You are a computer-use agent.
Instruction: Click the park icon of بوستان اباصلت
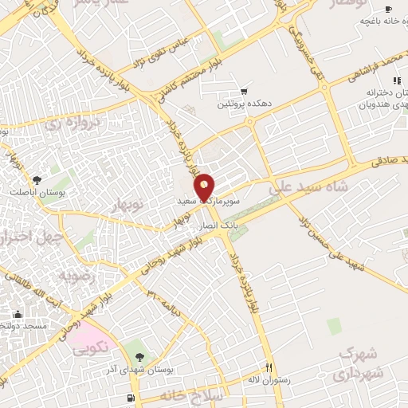(37, 179)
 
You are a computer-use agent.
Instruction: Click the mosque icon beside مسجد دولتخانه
(18, 314)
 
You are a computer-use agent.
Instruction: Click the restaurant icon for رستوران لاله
(269, 367)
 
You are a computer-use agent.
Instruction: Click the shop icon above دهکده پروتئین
(243, 92)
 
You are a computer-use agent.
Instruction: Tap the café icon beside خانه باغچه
(388, 9)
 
